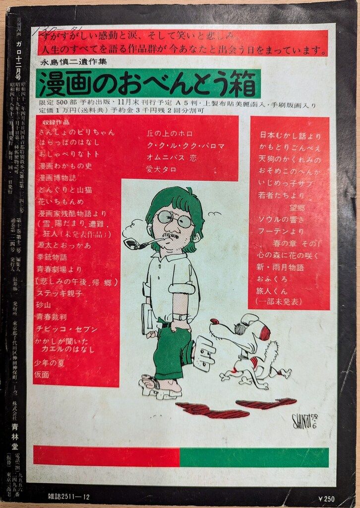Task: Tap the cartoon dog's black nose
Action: point(214,321)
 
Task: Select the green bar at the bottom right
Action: point(254,457)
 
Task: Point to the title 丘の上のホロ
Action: point(169,134)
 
